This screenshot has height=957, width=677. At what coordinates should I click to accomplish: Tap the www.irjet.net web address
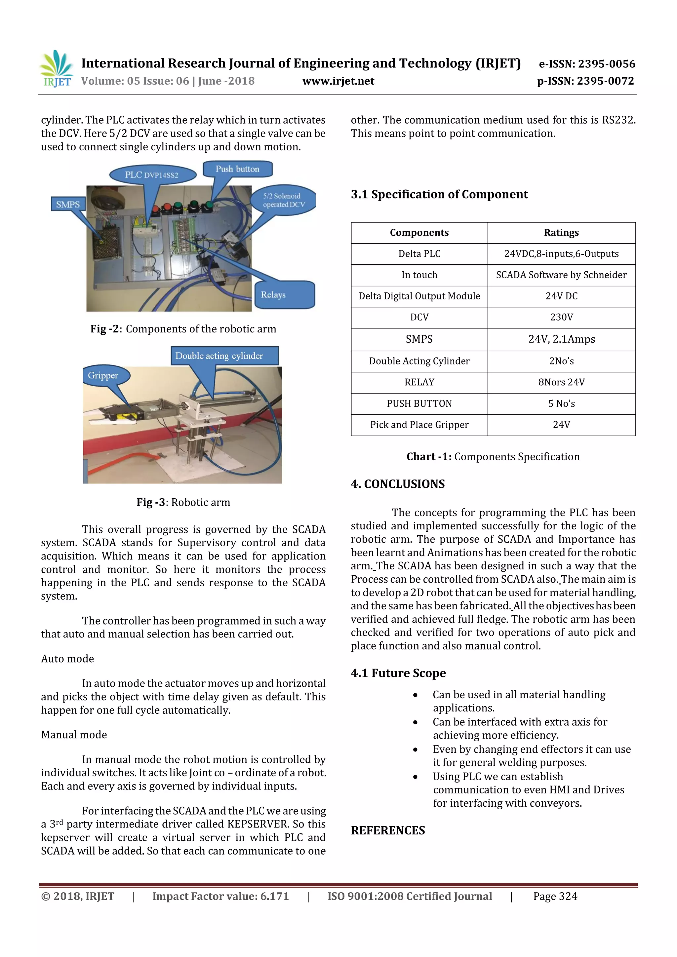[338, 81]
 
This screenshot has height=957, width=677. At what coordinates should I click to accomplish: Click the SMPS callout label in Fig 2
[68, 204]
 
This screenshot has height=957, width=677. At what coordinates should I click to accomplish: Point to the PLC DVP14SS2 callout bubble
[152, 174]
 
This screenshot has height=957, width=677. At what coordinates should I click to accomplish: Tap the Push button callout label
[237, 169]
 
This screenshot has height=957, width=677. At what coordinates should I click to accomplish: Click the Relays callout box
[284, 295]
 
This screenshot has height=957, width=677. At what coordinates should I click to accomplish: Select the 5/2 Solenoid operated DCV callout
[284, 200]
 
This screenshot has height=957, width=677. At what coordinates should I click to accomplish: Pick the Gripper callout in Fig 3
[103, 375]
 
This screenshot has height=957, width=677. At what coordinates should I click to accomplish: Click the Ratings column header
[561, 233]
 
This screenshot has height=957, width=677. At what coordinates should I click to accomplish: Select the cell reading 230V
[561, 317]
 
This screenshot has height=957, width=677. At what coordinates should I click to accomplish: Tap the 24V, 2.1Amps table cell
[561, 339]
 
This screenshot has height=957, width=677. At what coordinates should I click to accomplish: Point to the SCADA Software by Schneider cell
[561, 275]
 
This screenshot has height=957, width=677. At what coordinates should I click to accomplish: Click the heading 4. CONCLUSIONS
[398, 484]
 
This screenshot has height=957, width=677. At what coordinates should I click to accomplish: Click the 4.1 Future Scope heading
[398, 673]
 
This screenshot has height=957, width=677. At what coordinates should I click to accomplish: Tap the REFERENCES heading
[388, 831]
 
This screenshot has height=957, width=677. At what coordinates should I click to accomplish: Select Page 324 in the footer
[555, 897]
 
